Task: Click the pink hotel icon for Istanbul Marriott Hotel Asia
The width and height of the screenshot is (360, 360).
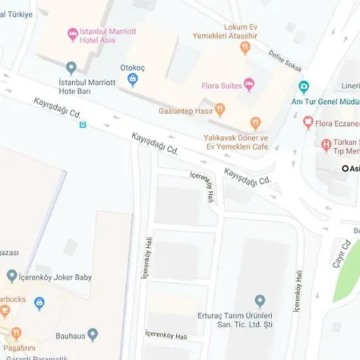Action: (x=73, y=34)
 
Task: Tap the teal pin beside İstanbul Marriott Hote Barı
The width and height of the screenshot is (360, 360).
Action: (x=71, y=68)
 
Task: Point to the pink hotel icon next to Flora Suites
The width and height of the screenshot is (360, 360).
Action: (x=248, y=84)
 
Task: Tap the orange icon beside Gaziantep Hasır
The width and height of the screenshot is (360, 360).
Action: (x=220, y=110)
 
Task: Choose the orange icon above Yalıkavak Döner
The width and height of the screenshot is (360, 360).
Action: (x=255, y=122)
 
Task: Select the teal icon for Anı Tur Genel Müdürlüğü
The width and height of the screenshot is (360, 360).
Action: (x=303, y=87)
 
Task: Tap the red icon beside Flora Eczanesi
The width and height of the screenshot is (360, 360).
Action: (x=308, y=123)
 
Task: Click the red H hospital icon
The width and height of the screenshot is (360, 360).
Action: (x=326, y=145)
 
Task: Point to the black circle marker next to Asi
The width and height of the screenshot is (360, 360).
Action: (x=346, y=168)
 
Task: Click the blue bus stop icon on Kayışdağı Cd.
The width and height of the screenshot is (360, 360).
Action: (x=82, y=125)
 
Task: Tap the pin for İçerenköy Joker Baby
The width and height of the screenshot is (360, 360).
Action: (x=12, y=276)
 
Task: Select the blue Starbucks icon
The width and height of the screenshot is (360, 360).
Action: (x=39, y=303)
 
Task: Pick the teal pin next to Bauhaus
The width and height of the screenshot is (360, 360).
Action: (x=93, y=334)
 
